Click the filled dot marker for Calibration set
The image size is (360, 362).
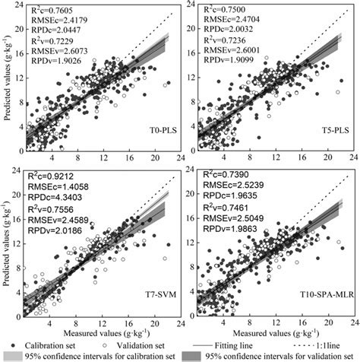(9, 343)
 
